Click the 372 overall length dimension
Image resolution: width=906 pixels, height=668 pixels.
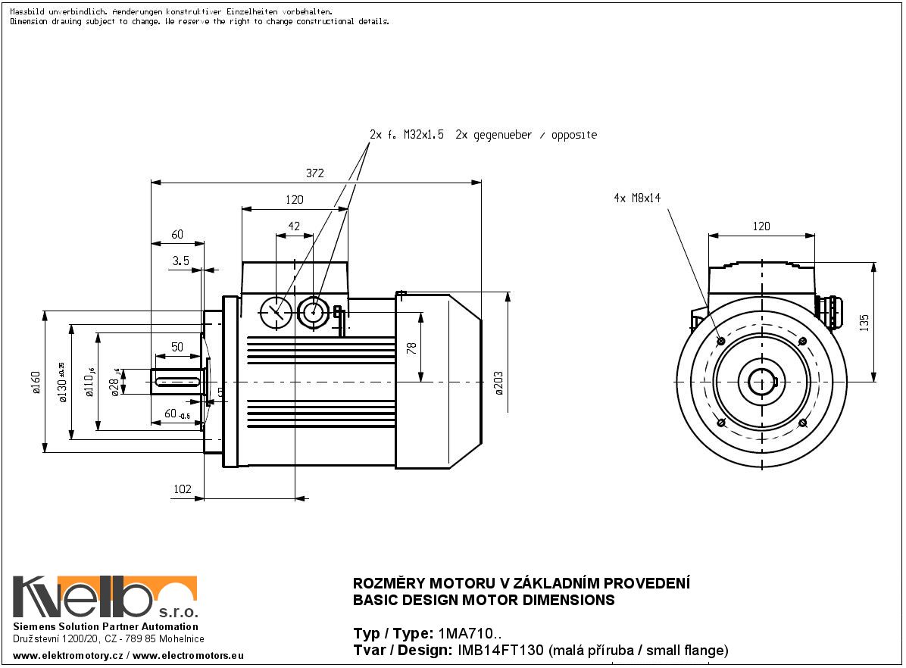[x=315, y=173]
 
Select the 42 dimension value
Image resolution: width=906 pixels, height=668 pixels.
[x=295, y=226]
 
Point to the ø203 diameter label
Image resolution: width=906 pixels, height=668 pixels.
[x=498, y=382]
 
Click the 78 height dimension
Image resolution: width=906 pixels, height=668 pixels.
[x=412, y=348]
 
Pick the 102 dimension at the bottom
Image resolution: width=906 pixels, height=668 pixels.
[x=183, y=489]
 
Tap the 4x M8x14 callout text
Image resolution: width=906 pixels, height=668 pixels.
[x=637, y=198]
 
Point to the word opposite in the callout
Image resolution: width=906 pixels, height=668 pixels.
[x=573, y=136]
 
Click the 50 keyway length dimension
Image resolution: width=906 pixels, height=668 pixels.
[x=177, y=347]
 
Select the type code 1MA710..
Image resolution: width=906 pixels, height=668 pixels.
[x=469, y=633]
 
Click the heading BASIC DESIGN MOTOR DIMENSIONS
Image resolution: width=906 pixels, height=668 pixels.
[x=484, y=601]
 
